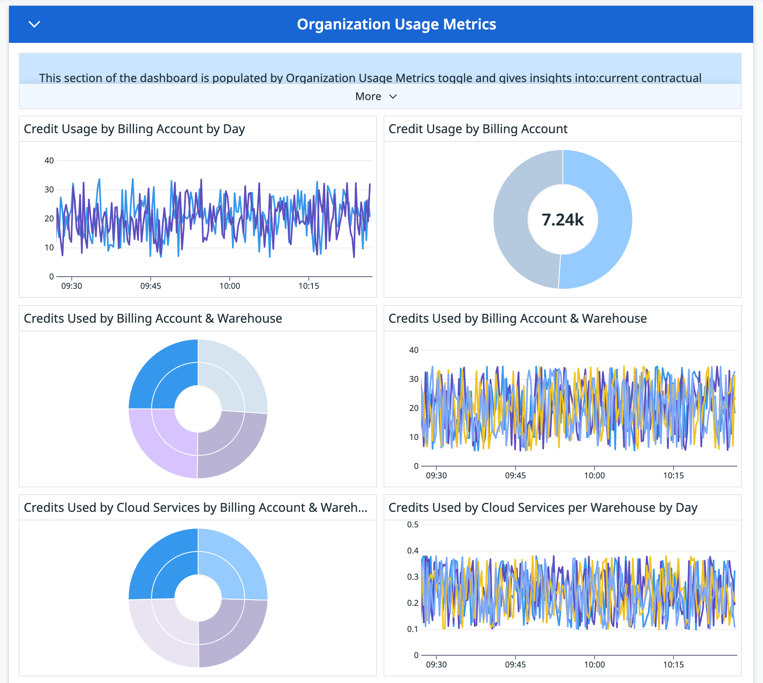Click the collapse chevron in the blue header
[34, 25]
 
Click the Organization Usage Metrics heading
[396, 25]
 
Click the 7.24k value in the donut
[562, 220]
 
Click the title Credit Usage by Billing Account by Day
[134, 129]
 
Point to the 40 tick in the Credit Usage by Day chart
[49, 161]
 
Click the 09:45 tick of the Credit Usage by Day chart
[151, 286]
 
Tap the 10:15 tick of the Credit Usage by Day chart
[308, 286]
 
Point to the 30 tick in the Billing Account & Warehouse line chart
[414, 379]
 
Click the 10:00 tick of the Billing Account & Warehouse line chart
[594, 475]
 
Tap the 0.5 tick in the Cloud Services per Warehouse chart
[413, 525]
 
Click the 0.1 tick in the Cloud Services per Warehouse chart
[413, 629]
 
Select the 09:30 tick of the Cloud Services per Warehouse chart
[436, 665]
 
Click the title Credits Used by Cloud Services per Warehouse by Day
[542, 508]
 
